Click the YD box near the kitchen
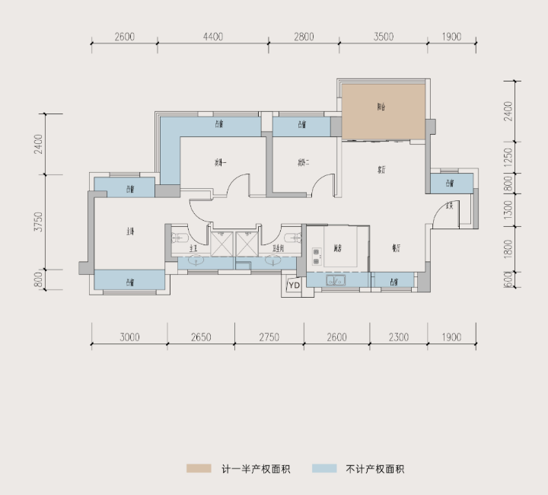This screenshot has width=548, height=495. (294, 286)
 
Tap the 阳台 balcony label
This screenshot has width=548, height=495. (381, 108)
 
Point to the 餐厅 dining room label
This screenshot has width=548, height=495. (396, 248)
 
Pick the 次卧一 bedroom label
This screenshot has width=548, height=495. (221, 161)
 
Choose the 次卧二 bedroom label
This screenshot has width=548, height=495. (302, 161)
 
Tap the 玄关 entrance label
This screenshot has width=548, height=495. (450, 206)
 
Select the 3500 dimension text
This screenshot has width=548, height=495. (384, 37)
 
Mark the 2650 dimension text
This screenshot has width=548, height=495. (201, 337)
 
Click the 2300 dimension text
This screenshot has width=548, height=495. (398, 337)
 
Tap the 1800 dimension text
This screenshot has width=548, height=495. (508, 248)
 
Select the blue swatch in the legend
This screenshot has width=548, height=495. (324, 468)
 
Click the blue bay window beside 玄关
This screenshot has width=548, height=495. (449, 184)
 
